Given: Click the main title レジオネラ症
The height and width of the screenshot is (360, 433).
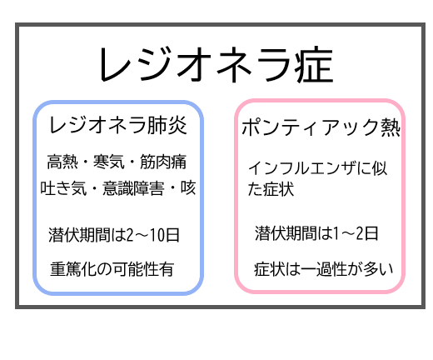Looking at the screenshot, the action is click(216, 65).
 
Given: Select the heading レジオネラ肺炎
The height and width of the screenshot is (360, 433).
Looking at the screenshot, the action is click(118, 125).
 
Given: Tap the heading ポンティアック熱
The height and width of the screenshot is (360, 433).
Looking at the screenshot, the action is click(321, 127).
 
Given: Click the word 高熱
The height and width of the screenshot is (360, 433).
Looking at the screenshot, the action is click(62, 162).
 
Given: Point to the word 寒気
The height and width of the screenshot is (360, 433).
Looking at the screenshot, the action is click(109, 162).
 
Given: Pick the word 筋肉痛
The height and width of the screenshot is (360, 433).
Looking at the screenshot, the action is click(163, 162).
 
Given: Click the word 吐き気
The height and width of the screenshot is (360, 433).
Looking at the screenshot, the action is click(63, 188).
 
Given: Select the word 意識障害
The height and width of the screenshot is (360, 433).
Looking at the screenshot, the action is click(133, 188).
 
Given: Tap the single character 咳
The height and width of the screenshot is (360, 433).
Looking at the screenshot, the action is click(188, 188).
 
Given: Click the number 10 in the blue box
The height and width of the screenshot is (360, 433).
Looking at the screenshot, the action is click(157, 235).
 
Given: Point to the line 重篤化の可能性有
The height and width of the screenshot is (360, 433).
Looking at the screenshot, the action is click(112, 269).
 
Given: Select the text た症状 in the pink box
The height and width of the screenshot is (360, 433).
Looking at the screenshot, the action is click(271, 189).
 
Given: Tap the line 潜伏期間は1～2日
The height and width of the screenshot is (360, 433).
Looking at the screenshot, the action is click(316, 233).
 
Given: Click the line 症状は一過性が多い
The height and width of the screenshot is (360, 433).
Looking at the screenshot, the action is click(324, 269).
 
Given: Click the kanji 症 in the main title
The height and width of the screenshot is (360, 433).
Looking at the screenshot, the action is click(315, 65).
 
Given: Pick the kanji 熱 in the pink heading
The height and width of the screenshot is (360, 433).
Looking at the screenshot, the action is click(391, 127).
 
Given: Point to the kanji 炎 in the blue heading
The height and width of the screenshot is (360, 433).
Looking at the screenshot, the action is click(177, 125).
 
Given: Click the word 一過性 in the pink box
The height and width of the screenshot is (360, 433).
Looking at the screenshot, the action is click(324, 269).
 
